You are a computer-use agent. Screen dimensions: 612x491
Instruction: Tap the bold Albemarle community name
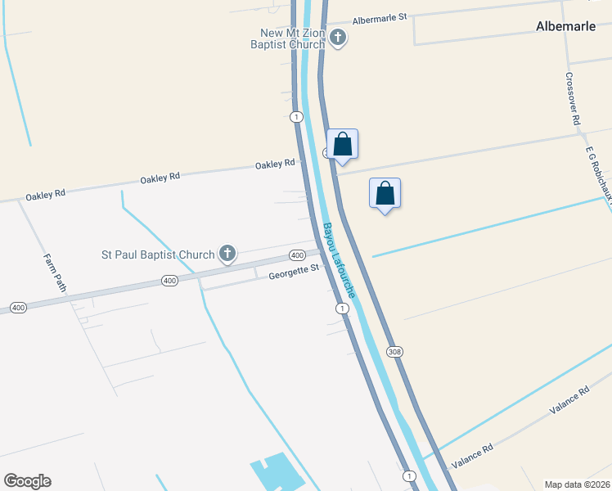565,26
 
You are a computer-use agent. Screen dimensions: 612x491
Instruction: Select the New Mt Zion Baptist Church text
292,38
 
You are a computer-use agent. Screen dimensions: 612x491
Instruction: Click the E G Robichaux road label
599,172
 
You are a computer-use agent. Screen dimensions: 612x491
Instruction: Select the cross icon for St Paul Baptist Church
227,255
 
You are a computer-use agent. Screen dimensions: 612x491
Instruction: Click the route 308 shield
396,351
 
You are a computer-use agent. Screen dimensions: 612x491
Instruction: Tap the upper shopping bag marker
343,144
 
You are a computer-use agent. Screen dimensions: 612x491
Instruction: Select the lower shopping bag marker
385,194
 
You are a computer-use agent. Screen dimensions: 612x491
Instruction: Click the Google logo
27,481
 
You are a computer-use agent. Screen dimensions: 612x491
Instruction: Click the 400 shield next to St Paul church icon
297,255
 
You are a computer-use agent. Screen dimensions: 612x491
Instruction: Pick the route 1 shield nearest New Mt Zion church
295,117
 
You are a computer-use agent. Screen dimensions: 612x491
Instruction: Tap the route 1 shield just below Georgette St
342,309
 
